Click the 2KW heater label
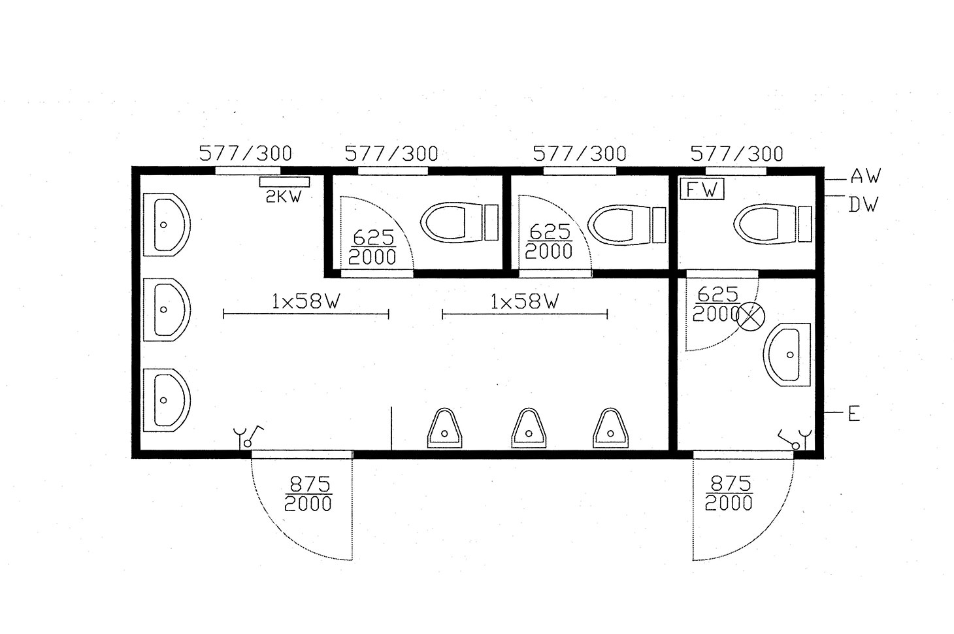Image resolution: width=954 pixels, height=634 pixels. point(284,197)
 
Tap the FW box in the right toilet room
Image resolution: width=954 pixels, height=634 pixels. point(702,189)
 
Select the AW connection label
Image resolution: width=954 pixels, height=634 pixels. point(865,176)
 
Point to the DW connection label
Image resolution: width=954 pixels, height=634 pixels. point(863,205)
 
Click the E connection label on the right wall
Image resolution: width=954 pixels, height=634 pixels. point(854,414)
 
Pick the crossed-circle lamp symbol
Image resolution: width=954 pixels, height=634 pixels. point(751,316)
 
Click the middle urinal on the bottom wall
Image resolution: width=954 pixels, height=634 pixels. point(529,428)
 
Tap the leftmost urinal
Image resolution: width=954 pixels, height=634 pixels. point(444,428)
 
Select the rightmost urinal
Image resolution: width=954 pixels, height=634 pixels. point(610,428)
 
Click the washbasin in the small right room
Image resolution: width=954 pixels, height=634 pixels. point(787,354)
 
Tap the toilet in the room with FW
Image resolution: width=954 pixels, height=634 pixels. point(772,224)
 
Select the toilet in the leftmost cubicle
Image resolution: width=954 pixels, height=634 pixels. point(459,222)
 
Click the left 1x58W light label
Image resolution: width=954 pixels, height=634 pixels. point(306,302)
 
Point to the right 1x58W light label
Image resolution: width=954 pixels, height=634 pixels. point(524,302)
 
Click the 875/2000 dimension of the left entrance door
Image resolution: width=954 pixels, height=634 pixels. point(308,494)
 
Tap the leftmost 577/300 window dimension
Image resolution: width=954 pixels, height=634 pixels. point(246,154)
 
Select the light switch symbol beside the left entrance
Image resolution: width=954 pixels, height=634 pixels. point(248,437)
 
